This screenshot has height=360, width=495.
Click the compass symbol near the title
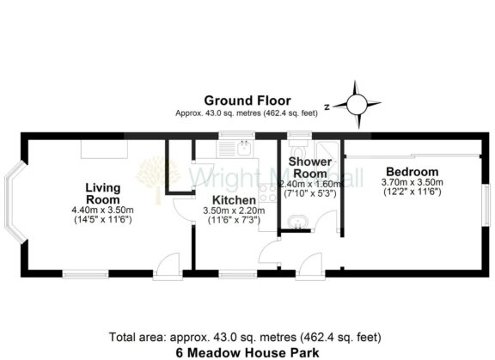coord(354,102)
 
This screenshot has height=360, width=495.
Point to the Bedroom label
coord(412,171)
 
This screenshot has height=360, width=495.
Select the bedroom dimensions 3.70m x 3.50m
coord(412,182)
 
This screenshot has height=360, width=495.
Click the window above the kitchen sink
coord(232,135)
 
